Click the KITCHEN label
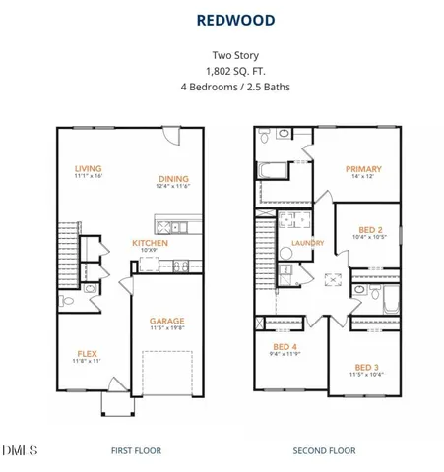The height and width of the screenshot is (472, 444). (152, 242)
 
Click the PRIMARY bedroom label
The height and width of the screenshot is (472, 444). (363, 169)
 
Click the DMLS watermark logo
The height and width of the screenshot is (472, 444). (20, 450)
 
